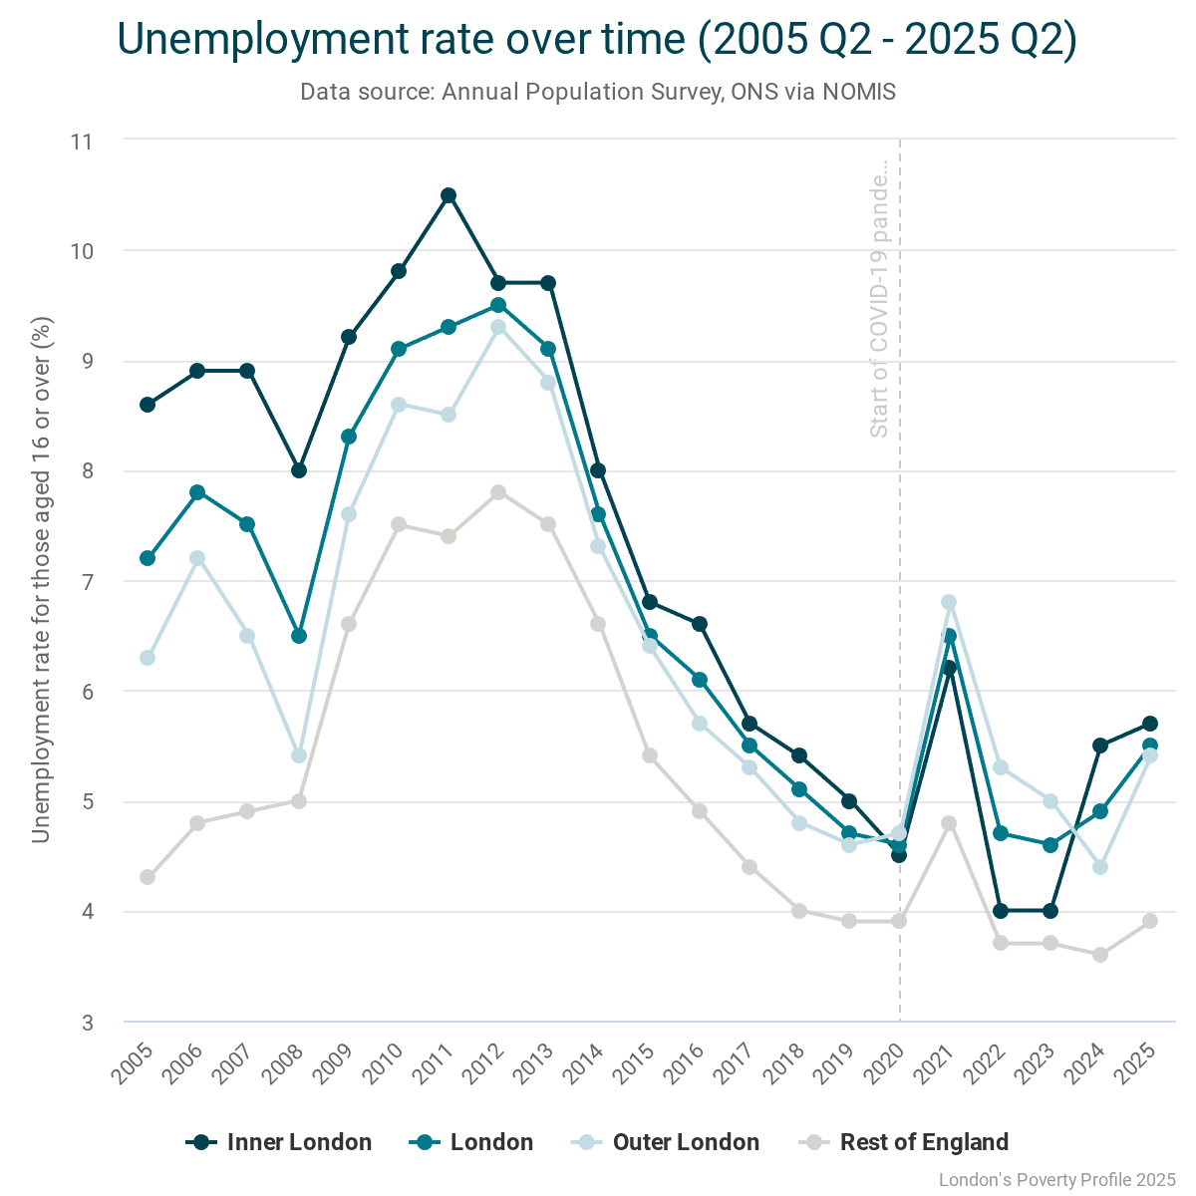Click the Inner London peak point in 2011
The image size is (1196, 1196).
[448, 195]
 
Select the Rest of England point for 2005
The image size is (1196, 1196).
[148, 877]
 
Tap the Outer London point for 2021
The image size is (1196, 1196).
[949, 602]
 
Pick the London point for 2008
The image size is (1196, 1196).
[299, 636]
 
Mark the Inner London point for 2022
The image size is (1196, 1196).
[1000, 911]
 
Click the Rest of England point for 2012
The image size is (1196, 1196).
[498, 492]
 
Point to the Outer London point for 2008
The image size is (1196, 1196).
[299, 755]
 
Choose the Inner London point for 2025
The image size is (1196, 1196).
[1150, 724]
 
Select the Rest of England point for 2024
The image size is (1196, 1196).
[1100, 955]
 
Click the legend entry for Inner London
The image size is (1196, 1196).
[280, 1142]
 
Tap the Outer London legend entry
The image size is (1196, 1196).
[667, 1142]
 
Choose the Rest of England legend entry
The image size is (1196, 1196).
[907, 1142]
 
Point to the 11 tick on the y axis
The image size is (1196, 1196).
[82, 142]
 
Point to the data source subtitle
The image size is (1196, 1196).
[598, 93]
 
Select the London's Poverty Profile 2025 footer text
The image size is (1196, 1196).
[1057, 1180]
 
